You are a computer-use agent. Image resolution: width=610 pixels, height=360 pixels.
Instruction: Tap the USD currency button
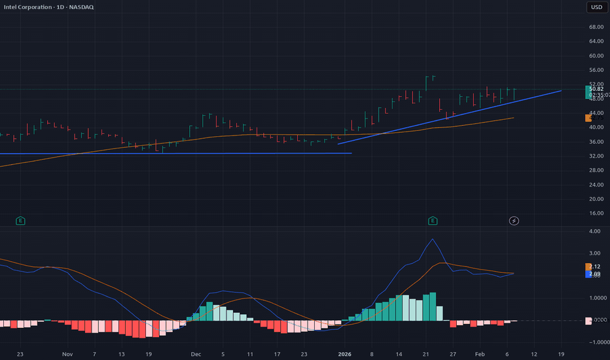click(596, 8)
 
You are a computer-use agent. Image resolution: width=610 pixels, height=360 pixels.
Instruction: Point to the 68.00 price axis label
click(596, 27)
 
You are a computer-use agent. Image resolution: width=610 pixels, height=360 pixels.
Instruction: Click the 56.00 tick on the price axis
click(596, 70)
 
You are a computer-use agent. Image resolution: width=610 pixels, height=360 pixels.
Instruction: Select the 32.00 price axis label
click(596, 156)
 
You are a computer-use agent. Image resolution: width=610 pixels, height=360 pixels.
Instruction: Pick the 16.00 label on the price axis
click(596, 213)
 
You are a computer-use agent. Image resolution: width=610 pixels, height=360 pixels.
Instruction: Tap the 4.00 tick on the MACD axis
click(594, 231)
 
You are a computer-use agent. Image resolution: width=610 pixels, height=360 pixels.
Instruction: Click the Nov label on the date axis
click(67, 353)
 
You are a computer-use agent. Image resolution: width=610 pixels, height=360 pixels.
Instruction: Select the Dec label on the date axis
click(195, 353)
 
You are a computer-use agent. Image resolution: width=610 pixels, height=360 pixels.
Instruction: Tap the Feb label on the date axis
click(480, 353)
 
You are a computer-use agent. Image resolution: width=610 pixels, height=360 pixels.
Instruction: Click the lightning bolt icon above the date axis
click(514, 221)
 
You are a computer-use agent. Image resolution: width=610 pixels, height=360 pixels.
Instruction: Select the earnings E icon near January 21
click(433, 221)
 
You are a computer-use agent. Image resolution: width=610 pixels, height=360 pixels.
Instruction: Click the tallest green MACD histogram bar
click(433, 306)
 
